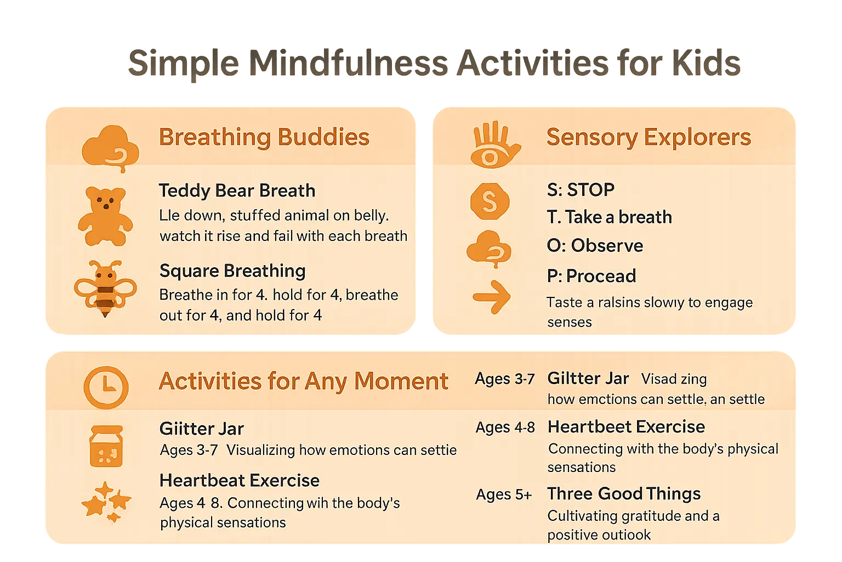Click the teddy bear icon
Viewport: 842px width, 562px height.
[x=105, y=216]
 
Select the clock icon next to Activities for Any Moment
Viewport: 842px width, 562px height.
[x=106, y=387]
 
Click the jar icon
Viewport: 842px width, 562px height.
[x=106, y=446]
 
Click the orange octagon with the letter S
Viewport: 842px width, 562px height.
[x=490, y=201]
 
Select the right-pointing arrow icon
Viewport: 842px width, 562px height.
[x=491, y=297]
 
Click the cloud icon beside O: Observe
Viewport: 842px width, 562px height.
[x=489, y=249]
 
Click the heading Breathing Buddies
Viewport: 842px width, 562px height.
[x=264, y=137]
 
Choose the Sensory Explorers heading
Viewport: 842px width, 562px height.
[x=648, y=137]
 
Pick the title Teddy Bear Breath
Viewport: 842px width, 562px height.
[x=237, y=190]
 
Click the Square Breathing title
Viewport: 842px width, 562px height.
[x=232, y=271]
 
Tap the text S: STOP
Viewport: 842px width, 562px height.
[x=581, y=190]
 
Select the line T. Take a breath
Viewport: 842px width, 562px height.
[x=609, y=217]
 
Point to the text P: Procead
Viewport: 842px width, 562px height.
[x=591, y=276]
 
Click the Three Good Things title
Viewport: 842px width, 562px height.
[x=624, y=493]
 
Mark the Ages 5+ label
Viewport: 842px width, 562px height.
[x=504, y=494]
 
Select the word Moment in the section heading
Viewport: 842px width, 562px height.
[x=401, y=381]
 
